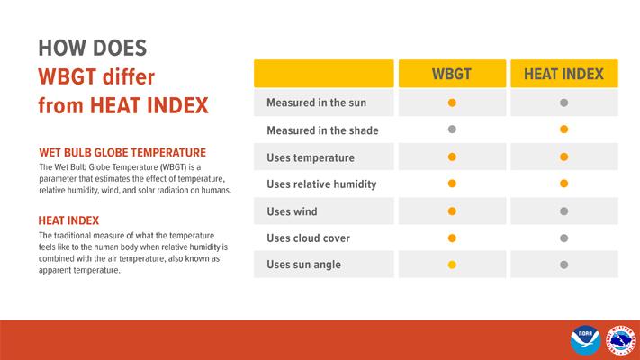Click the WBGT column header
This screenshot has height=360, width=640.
(452, 74)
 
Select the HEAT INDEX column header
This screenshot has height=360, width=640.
(563, 74)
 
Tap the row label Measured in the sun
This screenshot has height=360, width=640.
(316, 103)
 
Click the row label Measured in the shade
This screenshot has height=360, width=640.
(322, 130)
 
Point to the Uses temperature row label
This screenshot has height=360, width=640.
(311, 157)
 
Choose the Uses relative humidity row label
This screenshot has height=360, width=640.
(321, 184)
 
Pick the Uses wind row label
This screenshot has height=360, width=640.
(293, 211)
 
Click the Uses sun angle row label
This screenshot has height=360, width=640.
(304, 265)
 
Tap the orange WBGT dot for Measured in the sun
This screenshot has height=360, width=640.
(452, 103)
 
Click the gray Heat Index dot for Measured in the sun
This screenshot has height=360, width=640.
(563, 103)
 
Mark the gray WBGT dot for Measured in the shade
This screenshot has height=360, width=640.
(452, 130)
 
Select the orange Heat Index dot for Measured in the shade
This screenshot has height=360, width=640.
(563, 130)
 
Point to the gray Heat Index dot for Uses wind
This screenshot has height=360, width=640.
(563, 211)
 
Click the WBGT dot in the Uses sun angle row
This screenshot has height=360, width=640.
(452, 265)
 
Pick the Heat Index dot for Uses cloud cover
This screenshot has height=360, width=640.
(563, 238)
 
